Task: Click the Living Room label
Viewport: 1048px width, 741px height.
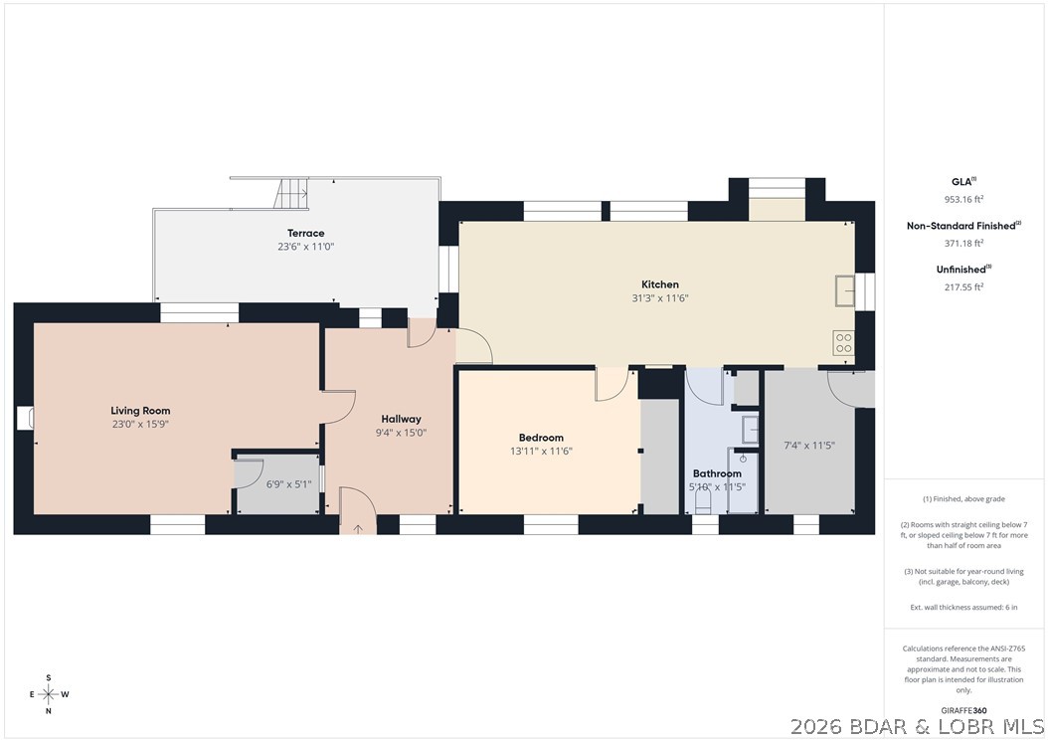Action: [x=140, y=411]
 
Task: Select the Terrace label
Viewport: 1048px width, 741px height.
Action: [x=306, y=234]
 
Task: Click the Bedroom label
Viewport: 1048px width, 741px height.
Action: [x=541, y=438]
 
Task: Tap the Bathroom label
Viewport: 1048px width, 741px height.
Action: [x=717, y=474]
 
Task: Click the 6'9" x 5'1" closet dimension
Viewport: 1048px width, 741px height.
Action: [x=289, y=485]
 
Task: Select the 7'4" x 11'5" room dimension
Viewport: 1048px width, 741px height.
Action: [x=809, y=446]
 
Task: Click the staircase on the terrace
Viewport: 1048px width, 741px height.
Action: [x=291, y=194]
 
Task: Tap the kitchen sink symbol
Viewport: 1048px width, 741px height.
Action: [x=845, y=290]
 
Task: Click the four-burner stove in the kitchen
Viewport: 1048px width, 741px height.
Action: [x=844, y=342]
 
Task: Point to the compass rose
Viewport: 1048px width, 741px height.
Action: [x=48, y=694]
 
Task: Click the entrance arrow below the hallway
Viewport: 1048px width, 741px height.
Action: [x=358, y=529]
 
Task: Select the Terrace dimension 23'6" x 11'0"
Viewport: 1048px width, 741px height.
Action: [x=306, y=247]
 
